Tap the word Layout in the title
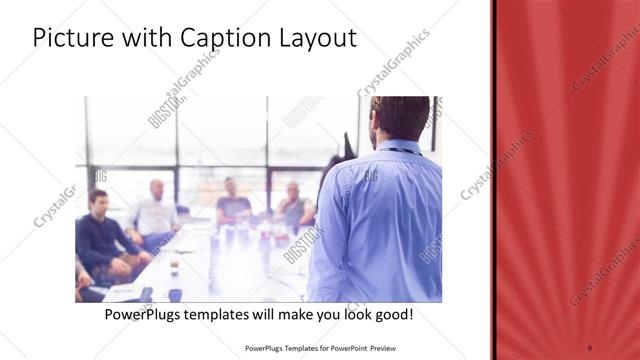314,39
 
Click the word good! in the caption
392,315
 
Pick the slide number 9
590,347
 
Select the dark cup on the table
174,268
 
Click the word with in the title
145,39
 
